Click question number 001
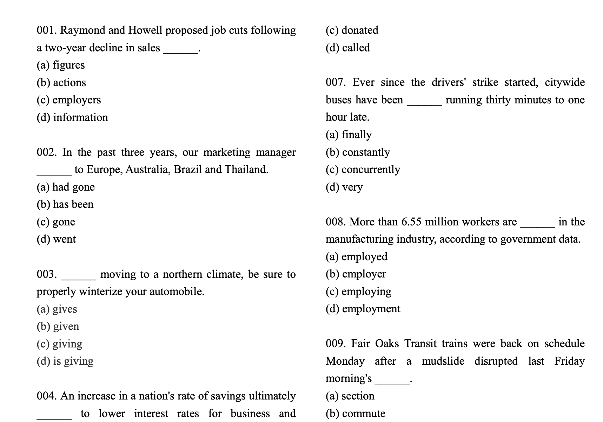pos(47,30)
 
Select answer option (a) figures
pos(61,65)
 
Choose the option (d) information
pos(72,117)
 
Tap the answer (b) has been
pos(65,204)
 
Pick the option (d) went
pos(56,239)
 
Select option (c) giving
pos(59,344)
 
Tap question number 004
pos(47,396)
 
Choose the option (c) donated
pos(352,30)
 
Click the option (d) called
pos(347,48)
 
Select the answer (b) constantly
pos(358,152)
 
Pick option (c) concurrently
pos(363,170)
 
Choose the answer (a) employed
pos(356,257)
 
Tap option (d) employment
pos(363,309)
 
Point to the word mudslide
pos(443,361)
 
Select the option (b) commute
pos(355,414)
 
